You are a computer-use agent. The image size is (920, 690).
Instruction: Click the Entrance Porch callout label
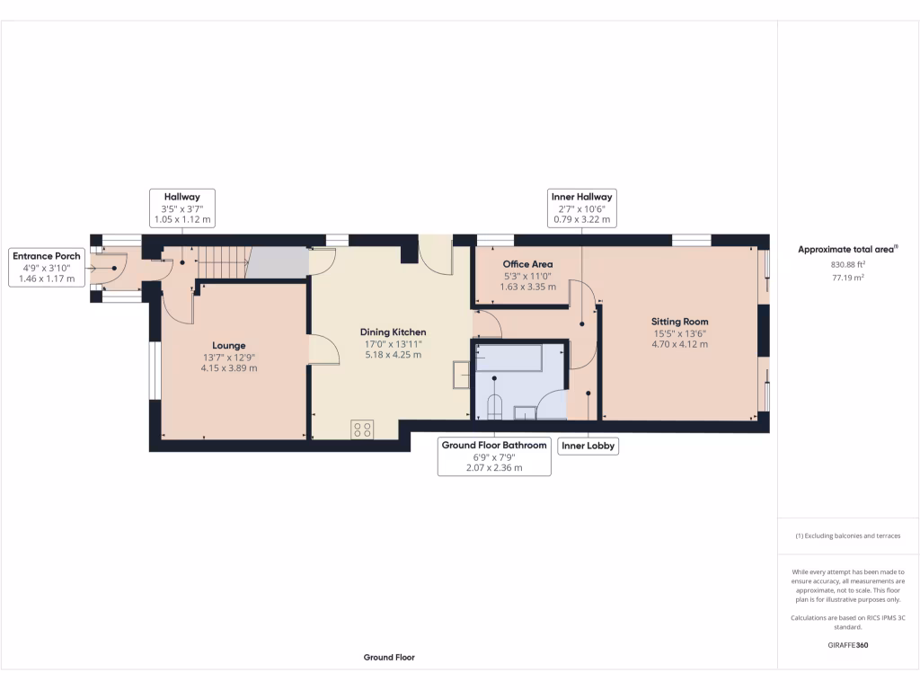pos(45,268)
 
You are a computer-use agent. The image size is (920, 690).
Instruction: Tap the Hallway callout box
pos(181,208)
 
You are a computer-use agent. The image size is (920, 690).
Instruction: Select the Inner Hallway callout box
pos(581,208)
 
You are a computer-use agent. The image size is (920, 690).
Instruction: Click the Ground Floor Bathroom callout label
pos(493,456)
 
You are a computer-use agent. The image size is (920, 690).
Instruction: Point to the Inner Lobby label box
pos(588,446)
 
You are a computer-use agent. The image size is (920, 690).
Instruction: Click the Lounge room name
pos(228,345)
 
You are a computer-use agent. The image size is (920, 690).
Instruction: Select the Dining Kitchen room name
pos(393,332)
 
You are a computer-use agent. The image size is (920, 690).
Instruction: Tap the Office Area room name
pos(527,264)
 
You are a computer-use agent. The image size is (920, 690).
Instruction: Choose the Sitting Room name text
pos(680,321)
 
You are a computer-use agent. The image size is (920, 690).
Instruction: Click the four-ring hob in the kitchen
pos(363,429)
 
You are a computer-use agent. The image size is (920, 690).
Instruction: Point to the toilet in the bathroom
pos(492,407)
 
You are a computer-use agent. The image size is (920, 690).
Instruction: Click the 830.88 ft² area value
pos(848,265)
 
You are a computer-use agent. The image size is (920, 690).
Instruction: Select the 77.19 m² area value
pos(848,279)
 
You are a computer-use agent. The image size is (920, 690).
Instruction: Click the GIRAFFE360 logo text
pos(848,645)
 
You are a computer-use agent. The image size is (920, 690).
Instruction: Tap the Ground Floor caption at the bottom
pos(389,658)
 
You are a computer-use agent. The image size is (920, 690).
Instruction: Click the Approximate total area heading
pos(847,249)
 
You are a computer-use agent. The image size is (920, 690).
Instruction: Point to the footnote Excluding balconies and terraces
pos(847,536)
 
